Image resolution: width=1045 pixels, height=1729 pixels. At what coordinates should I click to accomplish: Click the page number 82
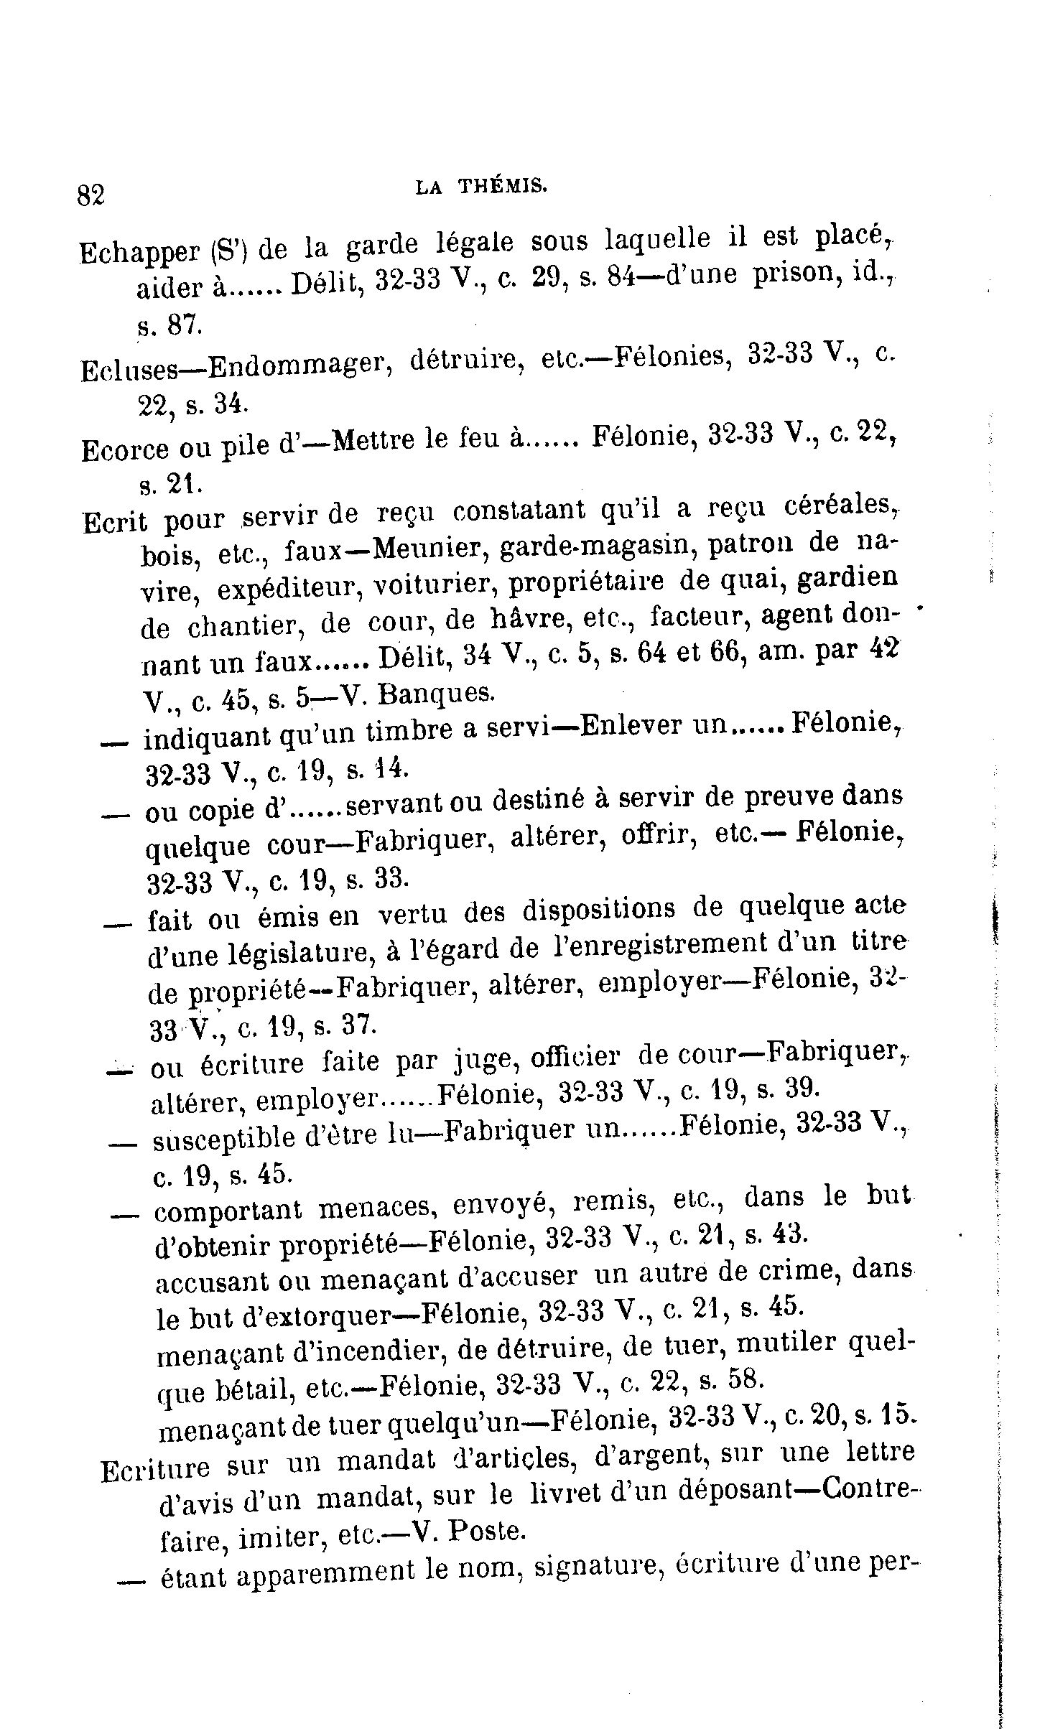point(91,195)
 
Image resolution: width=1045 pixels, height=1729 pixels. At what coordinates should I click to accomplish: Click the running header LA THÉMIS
point(481,188)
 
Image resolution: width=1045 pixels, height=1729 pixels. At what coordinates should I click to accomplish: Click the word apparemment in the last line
point(325,1571)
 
